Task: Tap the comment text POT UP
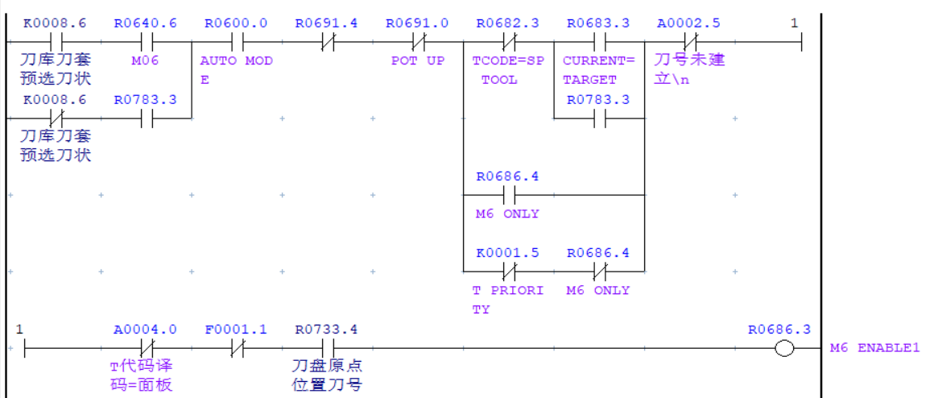417,61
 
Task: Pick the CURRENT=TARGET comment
598,70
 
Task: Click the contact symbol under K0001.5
508,272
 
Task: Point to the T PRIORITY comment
507,300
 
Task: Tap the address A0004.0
145,330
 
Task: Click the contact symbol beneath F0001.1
236,349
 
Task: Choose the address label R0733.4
326,330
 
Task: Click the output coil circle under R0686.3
783,349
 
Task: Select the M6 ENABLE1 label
874,348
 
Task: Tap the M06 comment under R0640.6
145,61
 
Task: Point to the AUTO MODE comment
236,70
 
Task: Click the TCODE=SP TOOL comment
507,70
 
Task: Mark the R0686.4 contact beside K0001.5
598,272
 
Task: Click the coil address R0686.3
779,330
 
